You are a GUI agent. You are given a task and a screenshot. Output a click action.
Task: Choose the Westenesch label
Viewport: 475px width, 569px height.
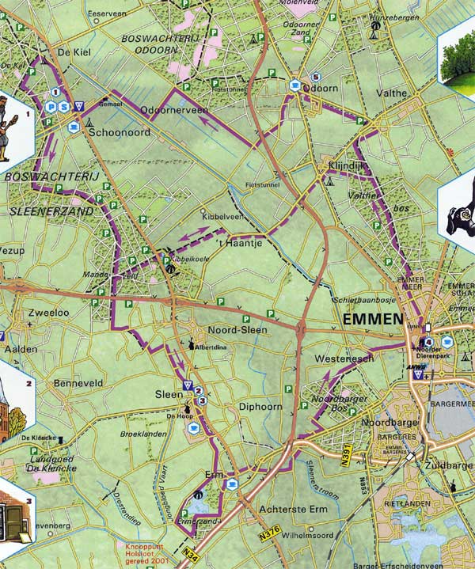344,358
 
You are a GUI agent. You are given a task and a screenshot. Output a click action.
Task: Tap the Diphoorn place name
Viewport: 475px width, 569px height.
260,407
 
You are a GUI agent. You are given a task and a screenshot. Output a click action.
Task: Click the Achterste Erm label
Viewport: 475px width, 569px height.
297,511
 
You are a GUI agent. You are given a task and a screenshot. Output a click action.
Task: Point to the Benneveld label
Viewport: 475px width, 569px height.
78,384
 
